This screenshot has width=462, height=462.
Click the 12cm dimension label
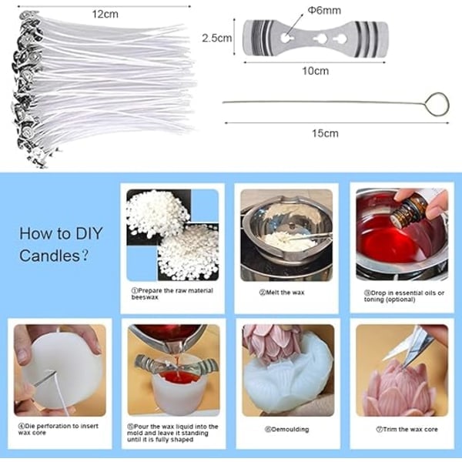pos(105,14)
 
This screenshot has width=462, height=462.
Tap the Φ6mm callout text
pos(324,11)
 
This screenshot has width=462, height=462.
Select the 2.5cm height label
pos(217,38)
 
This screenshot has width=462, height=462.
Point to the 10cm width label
pos(315,71)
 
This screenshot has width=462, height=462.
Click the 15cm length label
pos(325,133)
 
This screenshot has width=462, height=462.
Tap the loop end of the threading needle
pos(437,104)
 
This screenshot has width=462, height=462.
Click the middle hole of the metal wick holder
pos(320,38)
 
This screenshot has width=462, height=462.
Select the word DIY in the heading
pos(89,233)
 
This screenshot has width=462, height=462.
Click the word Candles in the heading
pos(49,256)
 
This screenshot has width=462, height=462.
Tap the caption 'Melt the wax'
pos(282,293)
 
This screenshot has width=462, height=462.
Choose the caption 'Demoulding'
pos(287,430)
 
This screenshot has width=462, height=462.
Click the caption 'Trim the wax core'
pos(407,430)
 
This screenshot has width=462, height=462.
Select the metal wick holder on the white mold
pos(176,364)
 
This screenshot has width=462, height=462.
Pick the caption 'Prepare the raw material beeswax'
pos(172,294)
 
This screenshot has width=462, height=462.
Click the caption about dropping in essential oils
pos(404,296)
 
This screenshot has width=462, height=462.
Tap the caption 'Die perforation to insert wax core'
pos(59,430)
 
